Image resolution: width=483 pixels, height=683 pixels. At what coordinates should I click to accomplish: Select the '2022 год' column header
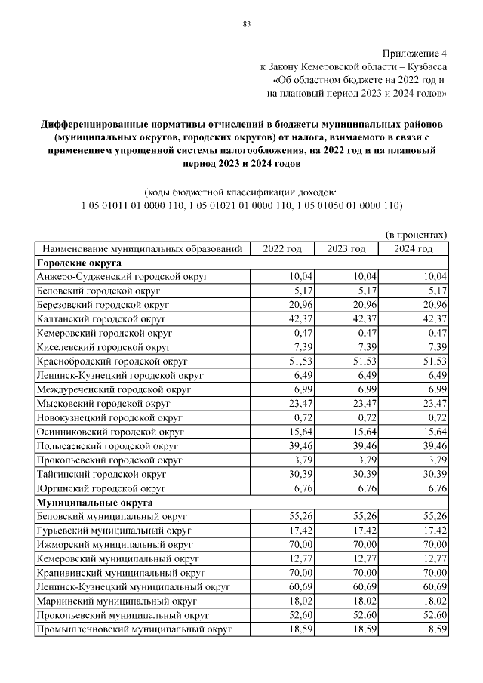(x=281, y=249)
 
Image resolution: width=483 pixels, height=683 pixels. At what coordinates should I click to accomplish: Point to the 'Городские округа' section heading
(x=79, y=263)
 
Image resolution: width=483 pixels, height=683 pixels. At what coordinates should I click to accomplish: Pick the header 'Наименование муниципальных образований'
(x=143, y=249)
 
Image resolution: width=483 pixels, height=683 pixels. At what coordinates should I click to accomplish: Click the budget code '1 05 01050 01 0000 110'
(x=350, y=205)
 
